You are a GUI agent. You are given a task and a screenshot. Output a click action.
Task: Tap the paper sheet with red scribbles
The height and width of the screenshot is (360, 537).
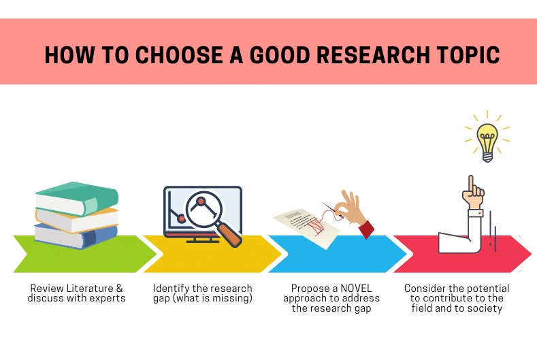(310, 225)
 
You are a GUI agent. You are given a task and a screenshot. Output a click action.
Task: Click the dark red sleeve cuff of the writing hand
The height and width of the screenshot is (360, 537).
(366, 227)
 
